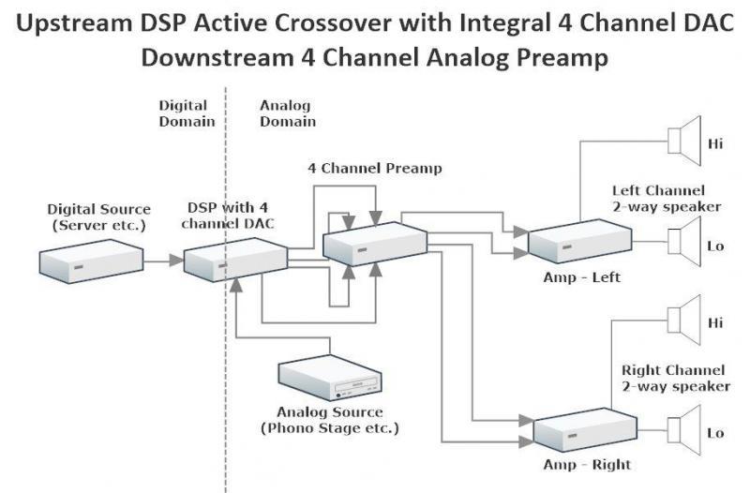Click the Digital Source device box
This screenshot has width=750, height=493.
(91, 260)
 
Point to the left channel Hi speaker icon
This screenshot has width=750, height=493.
(683, 142)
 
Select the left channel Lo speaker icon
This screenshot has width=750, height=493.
(683, 245)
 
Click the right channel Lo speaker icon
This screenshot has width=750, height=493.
(683, 432)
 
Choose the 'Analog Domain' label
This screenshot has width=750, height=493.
(287, 113)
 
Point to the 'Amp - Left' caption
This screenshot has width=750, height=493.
(581, 277)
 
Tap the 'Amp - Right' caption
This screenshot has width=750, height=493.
(587, 465)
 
